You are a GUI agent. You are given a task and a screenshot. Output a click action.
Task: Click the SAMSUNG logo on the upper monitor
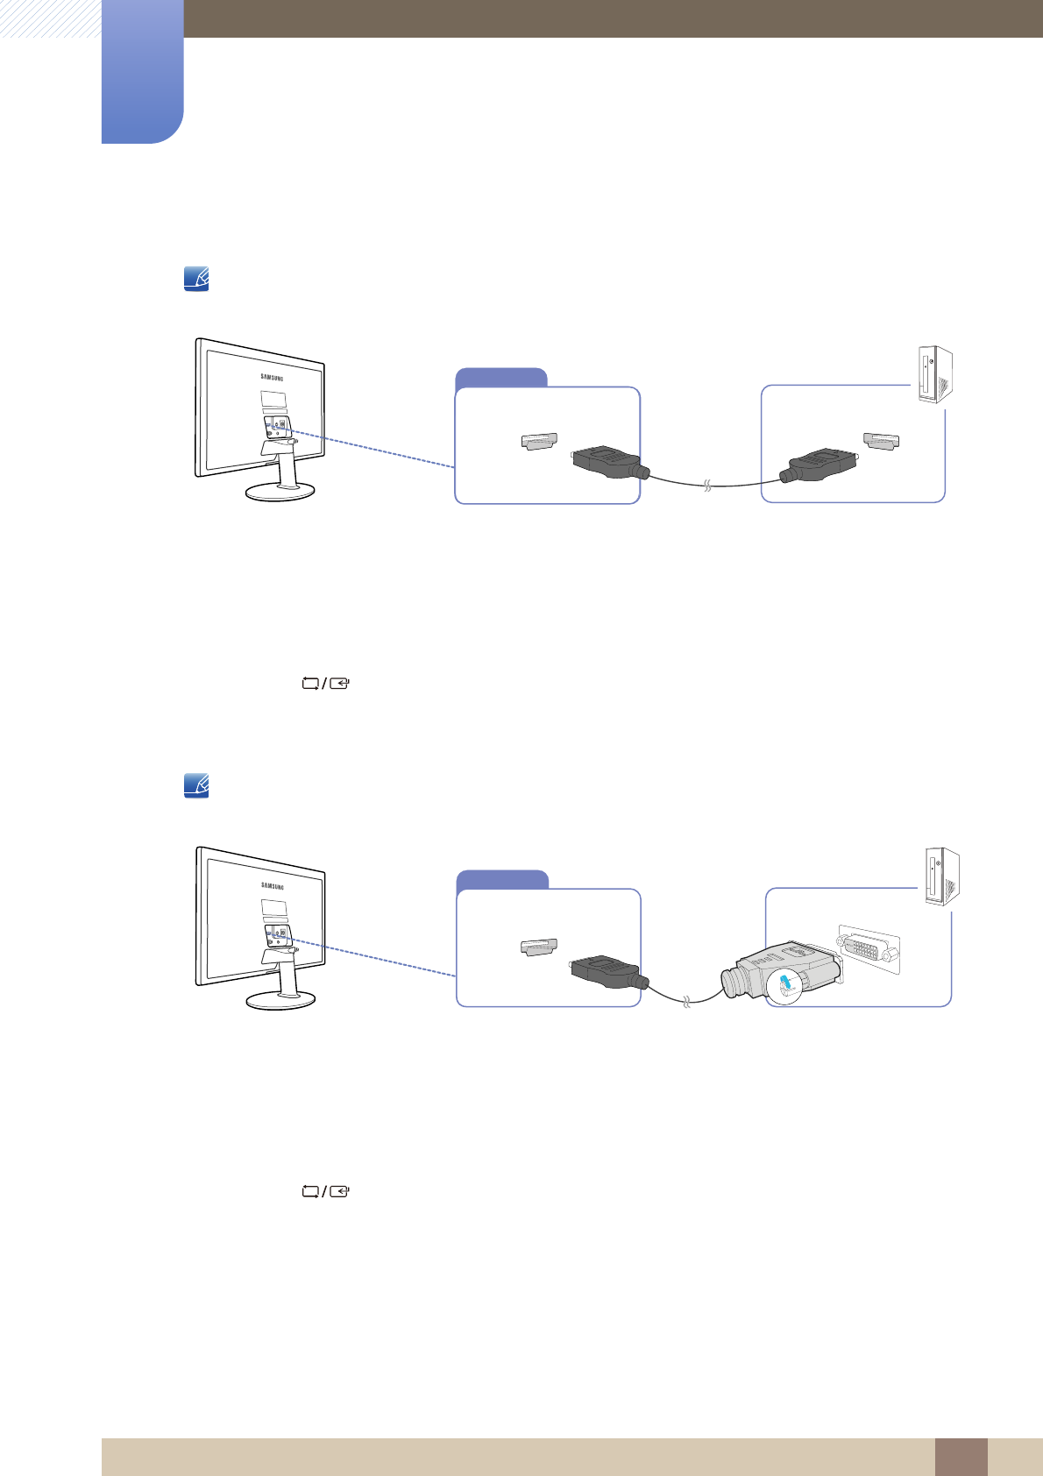click(273, 378)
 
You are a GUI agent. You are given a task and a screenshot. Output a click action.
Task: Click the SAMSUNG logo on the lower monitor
click(273, 886)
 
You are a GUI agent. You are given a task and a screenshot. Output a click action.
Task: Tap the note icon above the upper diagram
click(196, 280)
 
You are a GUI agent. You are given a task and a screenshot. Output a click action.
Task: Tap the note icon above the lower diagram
click(196, 785)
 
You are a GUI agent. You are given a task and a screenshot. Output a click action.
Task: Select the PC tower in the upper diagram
click(934, 374)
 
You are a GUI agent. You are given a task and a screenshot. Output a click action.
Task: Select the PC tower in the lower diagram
click(941, 876)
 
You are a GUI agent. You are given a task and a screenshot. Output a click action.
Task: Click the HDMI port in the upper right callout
click(882, 442)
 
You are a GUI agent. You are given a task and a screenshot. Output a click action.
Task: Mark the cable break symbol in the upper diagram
click(706, 485)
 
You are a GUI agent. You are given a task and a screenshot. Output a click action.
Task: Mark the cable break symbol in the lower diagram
click(686, 1001)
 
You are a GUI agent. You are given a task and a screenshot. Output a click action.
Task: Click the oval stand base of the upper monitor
click(280, 492)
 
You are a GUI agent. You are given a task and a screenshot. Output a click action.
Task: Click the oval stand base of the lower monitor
click(280, 1000)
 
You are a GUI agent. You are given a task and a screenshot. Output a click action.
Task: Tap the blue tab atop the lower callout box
click(503, 880)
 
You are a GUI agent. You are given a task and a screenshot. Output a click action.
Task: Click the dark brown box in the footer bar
click(961, 1457)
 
